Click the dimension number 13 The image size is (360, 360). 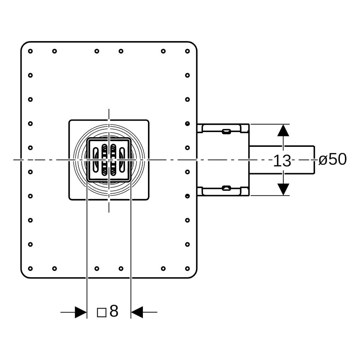[x=282, y=161]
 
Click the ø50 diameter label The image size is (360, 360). [x=332, y=159]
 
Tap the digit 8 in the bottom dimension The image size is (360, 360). [x=114, y=311]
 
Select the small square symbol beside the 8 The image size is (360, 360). [x=102, y=312]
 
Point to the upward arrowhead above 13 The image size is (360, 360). [x=283, y=130]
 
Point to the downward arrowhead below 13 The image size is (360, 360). [x=283, y=189]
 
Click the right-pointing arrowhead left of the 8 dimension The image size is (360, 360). [x=81, y=312]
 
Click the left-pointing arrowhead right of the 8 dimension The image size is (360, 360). [x=137, y=312]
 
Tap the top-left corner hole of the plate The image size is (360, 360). [x=30, y=51]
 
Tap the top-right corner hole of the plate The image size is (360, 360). [x=187, y=51]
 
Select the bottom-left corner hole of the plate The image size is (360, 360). [x=30, y=269]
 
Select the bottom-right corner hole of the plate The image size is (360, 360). [x=187, y=269]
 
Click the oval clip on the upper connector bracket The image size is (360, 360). [x=226, y=131]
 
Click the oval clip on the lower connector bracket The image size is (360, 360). [x=226, y=188]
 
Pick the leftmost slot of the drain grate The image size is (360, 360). [x=95, y=160]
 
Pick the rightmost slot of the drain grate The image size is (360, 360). [x=122, y=160]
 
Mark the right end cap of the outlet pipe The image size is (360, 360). [x=314, y=160]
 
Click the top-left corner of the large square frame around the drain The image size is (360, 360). [x=69, y=120]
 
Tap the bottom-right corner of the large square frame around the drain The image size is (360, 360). [x=149, y=199]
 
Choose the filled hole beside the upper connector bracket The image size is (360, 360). [x=187, y=123]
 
